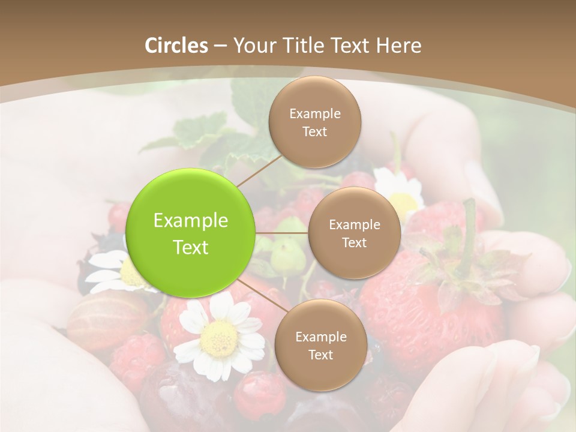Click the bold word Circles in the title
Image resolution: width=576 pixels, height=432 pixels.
[x=176, y=46]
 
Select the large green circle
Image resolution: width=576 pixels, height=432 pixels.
[x=191, y=233]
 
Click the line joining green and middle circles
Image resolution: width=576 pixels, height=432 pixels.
[x=282, y=233]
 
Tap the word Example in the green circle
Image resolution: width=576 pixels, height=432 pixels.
[x=191, y=221]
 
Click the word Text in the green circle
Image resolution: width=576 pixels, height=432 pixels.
[x=191, y=247]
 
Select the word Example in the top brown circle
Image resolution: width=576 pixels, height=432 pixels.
[x=315, y=114]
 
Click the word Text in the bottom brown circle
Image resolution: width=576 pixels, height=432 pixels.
[x=320, y=355]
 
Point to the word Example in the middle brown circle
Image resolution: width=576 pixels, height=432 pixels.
[x=354, y=225]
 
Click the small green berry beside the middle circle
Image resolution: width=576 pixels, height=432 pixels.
[x=287, y=255]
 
